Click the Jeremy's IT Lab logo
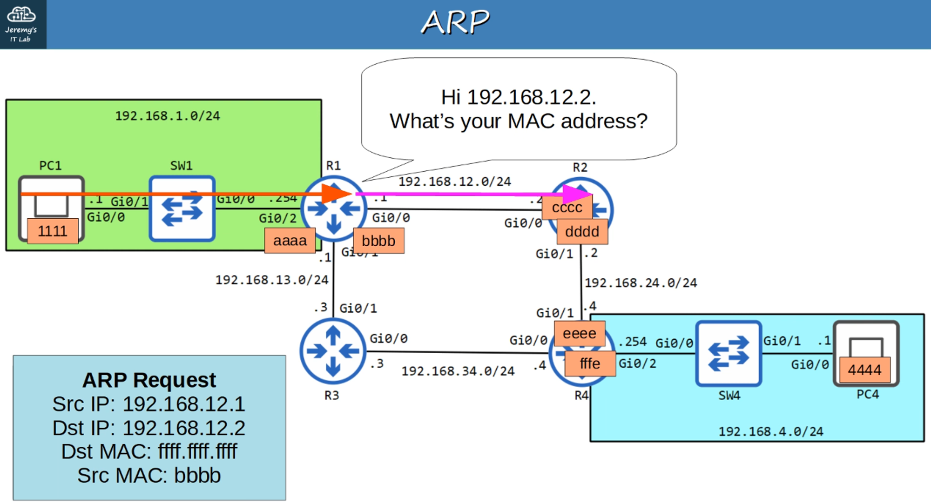22,24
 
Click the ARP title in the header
455,22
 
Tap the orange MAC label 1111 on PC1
53,231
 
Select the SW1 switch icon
182,208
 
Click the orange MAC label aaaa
290,241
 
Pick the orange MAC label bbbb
378,241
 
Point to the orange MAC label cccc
567,208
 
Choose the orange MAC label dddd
582,232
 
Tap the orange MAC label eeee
579,333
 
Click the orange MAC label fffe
590,363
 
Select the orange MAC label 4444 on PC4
864,370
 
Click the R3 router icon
333,351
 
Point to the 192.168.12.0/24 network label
454,181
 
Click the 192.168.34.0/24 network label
458,371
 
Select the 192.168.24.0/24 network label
641,283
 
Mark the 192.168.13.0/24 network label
271,280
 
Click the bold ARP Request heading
149,380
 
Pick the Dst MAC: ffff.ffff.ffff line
149,451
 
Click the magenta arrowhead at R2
577,194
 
